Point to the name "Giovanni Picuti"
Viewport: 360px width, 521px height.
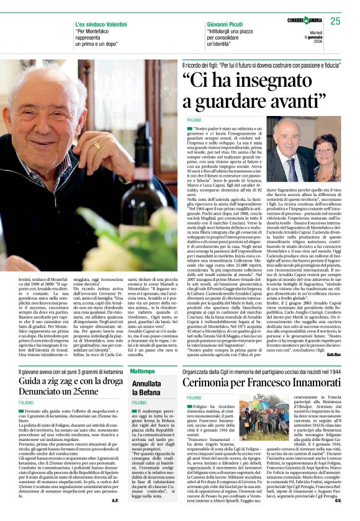(x=225, y=23)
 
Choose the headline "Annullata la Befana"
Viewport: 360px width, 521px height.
(x=146, y=388)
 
